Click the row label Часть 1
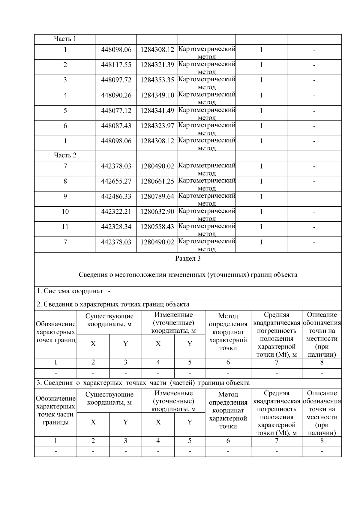click(x=65, y=39)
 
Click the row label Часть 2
click(x=65, y=155)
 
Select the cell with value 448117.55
click(x=116, y=65)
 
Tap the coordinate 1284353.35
click(x=157, y=80)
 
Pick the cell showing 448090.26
click(x=116, y=95)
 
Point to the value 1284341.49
click(x=157, y=111)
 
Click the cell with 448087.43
click(x=116, y=126)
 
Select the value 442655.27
click(x=116, y=181)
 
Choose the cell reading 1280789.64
click(x=157, y=196)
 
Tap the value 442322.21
click(x=116, y=212)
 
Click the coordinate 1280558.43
click(x=157, y=227)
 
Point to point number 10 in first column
click(x=65, y=212)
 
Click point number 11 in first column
click(x=65, y=227)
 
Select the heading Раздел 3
click(x=188, y=259)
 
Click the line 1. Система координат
click(x=70, y=291)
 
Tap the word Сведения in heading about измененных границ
click(x=92, y=275)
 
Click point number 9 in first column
click(x=65, y=196)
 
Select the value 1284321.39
click(x=157, y=65)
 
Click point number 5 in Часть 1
click(x=65, y=111)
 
